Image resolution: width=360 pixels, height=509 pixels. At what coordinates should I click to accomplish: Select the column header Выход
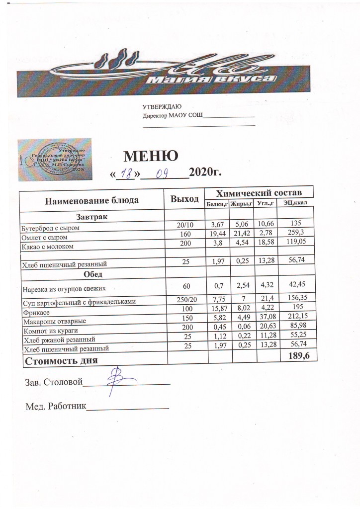[184, 199]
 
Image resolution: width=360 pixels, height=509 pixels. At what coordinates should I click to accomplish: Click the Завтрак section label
[92, 217]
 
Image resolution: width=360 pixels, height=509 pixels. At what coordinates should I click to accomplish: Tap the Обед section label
[92, 274]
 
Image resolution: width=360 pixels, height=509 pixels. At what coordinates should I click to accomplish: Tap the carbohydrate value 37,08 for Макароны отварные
[262, 317]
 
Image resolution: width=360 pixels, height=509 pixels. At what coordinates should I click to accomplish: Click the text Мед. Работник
[56, 407]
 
